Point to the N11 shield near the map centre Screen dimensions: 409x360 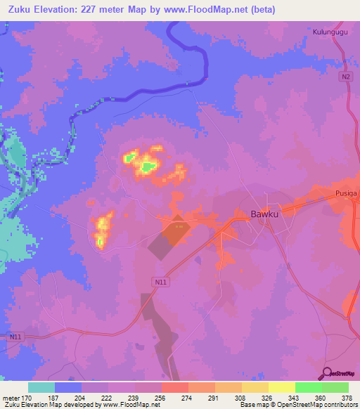[161, 281]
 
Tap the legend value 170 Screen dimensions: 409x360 [28, 397]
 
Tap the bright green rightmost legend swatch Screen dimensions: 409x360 [335, 387]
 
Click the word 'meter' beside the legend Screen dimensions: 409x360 [11, 397]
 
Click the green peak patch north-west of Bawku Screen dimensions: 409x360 [148, 167]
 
